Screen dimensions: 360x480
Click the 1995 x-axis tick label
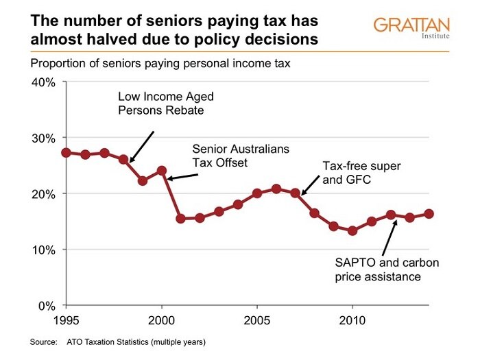(66, 320)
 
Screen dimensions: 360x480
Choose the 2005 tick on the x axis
(257, 320)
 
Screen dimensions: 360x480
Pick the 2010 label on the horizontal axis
(352, 320)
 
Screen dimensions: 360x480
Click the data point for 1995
(66, 152)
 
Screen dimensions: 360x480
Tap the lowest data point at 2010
(352, 230)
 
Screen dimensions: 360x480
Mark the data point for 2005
(257, 193)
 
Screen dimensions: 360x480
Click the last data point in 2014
(429, 213)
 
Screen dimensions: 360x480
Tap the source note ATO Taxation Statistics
(137, 341)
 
